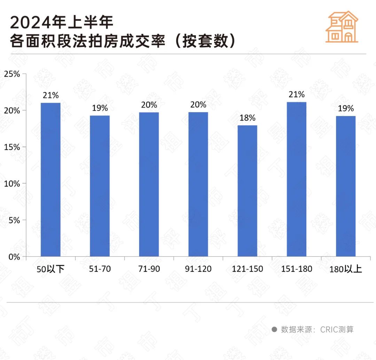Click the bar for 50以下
pyautogui.click(x=50, y=180)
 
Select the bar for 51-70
pyautogui.click(x=100, y=186)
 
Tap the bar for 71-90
pyautogui.click(x=149, y=185)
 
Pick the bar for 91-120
pyautogui.click(x=198, y=185)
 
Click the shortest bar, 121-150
pyautogui.click(x=248, y=191)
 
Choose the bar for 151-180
pyautogui.click(x=297, y=179)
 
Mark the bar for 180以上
pyautogui.click(x=346, y=186)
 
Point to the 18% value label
pyautogui.click(x=248, y=118)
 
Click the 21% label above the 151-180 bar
pyautogui.click(x=297, y=94)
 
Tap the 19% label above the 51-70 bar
pyautogui.click(x=100, y=108)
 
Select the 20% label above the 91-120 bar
pyautogui.click(x=198, y=104)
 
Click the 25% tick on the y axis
pyautogui.click(x=12, y=74)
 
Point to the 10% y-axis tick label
pyautogui.click(x=12, y=183)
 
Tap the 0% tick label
pyautogui.click(x=14, y=257)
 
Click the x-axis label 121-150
pyautogui.click(x=248, y=269)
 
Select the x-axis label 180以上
pyautogui.click(x=346, y=269)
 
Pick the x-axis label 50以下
pyautogui.click(x=50, y=269)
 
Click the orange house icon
pyautogui.click(x=342, y=27)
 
